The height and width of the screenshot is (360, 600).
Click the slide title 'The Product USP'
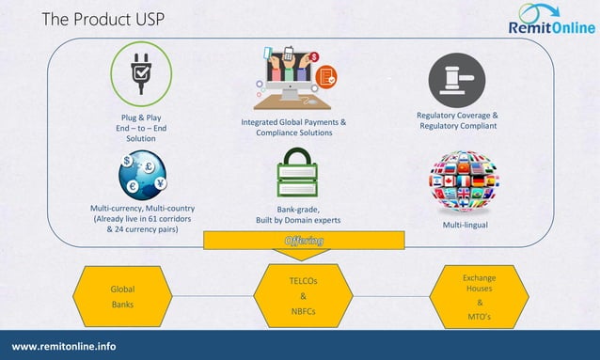pyautogui.click(x=97, y=20)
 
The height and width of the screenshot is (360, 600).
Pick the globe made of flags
pyautogui.click(x=464, y=181)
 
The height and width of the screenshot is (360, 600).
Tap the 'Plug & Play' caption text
pyautogui.click(x=134, y=117)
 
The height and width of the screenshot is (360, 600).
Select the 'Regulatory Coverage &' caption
pyautogui.click(x=458, y=116)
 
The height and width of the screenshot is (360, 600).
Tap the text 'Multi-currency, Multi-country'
pyautogui.click(x=143, y=207)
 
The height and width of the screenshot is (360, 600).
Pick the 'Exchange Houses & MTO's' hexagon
pyautogui.click(x=480, y=298)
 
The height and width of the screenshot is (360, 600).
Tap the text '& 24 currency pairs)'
pyautogui.click(x=143, y=228)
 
